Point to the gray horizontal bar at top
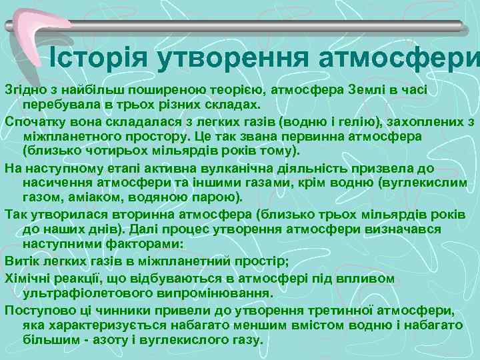click(267, 26)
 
